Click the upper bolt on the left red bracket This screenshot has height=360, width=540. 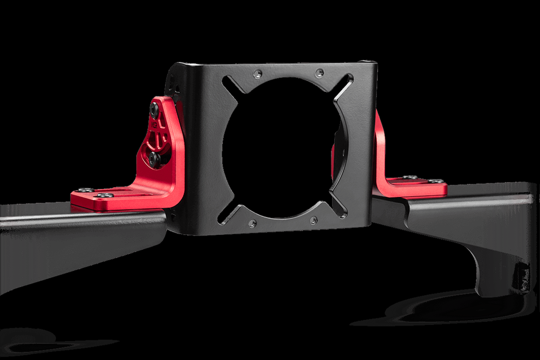[155, 108]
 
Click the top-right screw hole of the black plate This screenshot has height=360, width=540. [319, 73]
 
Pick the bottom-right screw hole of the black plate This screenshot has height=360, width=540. [313, 220]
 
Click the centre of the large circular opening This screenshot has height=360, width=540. [281, 149]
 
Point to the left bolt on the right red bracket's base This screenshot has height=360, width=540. [410, 178]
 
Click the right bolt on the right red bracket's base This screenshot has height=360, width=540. [439, 181]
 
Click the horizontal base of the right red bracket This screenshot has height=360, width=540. [416, 187]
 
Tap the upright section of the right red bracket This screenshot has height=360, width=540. [380, 146]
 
